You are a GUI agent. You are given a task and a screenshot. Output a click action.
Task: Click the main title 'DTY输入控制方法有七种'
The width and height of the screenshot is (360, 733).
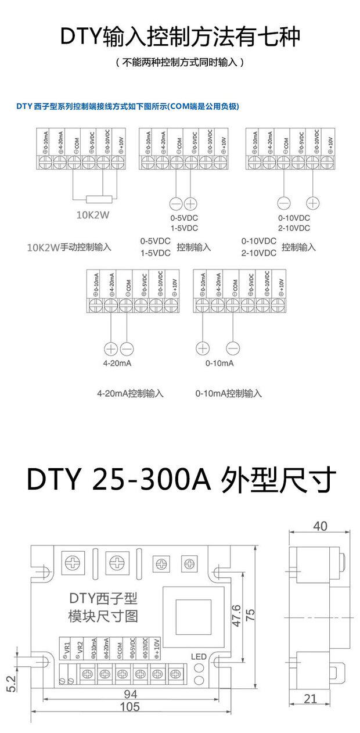180,37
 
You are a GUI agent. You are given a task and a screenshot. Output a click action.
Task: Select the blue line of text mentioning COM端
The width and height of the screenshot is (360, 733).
128,106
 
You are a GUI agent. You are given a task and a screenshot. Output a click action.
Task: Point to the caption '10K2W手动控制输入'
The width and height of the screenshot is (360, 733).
69,247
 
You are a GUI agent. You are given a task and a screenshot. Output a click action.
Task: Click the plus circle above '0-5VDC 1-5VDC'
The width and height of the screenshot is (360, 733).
191,204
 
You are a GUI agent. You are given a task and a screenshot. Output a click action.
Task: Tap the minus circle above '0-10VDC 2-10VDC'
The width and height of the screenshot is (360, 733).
283,203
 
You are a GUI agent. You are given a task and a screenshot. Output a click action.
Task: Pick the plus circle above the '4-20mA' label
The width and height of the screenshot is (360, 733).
111,348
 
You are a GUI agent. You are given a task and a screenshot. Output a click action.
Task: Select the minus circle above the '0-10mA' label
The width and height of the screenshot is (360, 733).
232,348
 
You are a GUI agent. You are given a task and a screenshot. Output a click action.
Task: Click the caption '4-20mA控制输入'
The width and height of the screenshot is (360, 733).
130,393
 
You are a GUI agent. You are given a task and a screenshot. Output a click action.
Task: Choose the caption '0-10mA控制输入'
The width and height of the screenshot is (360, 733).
229,393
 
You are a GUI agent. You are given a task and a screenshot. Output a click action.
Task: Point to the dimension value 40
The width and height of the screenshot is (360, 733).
320,526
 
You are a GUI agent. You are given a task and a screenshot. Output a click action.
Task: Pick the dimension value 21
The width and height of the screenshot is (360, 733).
311,699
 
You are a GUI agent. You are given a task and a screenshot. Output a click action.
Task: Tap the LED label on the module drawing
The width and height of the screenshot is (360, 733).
199,657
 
